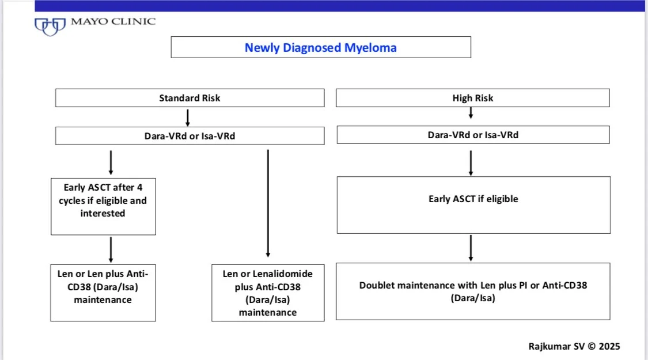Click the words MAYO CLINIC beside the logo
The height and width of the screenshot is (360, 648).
click(113, 22)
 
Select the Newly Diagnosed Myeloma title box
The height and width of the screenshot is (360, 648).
click(321, 47)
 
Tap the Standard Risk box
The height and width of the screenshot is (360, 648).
click(190, 98)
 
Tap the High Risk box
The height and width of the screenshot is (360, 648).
click(472, 98)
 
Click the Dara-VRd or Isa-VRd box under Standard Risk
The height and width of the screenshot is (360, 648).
click(190, 135)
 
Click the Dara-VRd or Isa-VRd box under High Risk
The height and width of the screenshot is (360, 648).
click(472, 135)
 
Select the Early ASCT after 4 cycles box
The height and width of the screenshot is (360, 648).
click(103, 200)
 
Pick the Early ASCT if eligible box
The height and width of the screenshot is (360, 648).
click(473, 199)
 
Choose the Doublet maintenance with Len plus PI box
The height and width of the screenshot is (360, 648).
click(473, 291)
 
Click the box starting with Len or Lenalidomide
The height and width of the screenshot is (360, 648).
click(268, 291)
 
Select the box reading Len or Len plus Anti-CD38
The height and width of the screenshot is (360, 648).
click(103, 291)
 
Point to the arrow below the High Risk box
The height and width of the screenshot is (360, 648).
click(471, 113)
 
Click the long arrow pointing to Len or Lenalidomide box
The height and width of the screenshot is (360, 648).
click(268, 202)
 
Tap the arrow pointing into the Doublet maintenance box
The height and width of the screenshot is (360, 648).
click(471, 248)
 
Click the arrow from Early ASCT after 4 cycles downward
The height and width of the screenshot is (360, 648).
click(111, 249)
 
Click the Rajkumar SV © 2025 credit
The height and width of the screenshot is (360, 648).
click(574, 346)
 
